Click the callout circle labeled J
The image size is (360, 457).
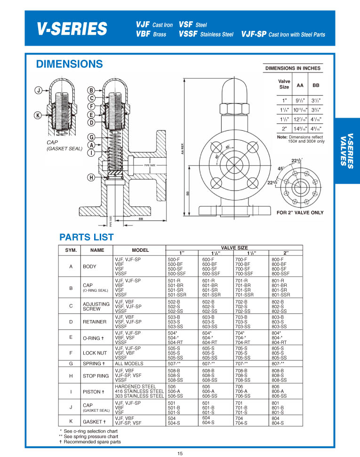tap(38, 90)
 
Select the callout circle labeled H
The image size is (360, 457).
tap(91, 177)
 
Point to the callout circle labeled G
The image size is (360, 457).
tap(91, 137)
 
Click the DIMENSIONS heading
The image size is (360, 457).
tap(69, 64)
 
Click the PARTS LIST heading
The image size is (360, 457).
tap(87, 237)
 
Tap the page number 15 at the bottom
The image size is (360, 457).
tap(180, 453)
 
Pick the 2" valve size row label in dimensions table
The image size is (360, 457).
tap(284, 128)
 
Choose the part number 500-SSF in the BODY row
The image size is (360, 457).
tap(178, 273)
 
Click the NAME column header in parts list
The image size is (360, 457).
tap(97, 250)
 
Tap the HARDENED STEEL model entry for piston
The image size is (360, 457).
tap(136, 387)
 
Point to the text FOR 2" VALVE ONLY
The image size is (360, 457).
tap(300, 213)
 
